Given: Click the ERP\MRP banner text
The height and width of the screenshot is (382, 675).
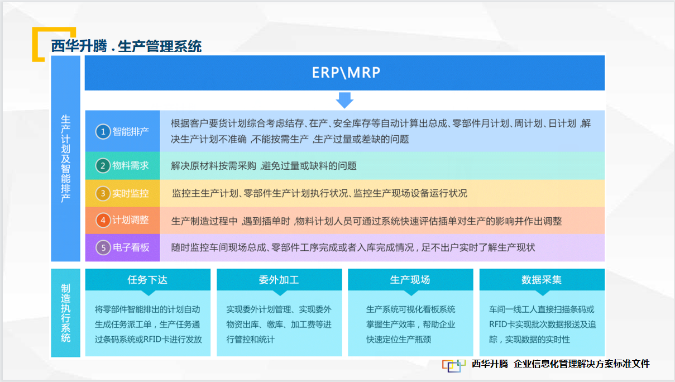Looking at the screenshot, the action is tap(346, 73).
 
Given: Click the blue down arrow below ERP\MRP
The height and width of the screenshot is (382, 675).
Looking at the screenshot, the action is tap(344, 100).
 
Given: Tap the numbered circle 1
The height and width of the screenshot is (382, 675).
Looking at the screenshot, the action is tap(103, 132).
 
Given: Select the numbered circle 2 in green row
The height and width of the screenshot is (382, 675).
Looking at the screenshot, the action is tap(103, 165).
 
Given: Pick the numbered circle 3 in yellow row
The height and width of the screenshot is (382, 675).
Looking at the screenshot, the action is tap(103, 193).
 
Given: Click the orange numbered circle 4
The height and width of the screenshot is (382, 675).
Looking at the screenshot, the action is tap(103, 220).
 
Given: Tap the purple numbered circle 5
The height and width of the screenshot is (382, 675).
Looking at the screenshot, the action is tap(103, 248).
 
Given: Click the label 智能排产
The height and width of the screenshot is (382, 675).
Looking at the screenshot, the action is tap(131, 132).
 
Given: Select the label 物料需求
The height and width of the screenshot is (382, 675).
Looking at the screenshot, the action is tap(131, 165).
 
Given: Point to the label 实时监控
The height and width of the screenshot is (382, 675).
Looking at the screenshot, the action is tap(131, 193).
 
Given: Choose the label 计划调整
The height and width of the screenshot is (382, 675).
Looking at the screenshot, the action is tap(131, 220).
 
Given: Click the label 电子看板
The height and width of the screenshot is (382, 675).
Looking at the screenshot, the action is tap(131, 248).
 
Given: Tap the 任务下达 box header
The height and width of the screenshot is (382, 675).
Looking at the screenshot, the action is tap(147, 280).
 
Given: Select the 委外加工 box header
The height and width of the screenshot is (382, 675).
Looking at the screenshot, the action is tap(279, 280).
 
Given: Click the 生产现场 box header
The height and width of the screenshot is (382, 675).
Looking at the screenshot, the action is tap(410, 280).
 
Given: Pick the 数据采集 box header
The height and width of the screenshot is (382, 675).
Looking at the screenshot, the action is tap(542, 280).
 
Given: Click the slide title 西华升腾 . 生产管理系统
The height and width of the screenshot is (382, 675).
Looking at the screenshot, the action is tap(126, 46).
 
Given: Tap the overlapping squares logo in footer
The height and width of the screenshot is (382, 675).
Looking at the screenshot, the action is tap(454, 365).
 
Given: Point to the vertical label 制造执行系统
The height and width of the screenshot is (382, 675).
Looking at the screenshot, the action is tap(66, 313).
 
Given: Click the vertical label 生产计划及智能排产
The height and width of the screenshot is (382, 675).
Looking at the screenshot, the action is tap(66, 159).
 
